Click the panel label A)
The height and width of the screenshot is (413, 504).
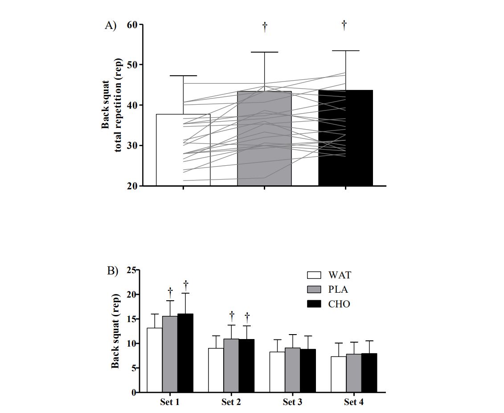(x=110, y=25)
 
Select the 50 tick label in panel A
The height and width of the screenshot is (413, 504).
(x=132, y=65)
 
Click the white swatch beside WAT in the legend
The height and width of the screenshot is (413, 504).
(x=314, y=275)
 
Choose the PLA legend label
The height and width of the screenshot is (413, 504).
(x=339, y=290)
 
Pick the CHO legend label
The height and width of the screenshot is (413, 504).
(x=339, y=304)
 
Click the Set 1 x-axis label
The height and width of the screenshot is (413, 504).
(x=170, y=403)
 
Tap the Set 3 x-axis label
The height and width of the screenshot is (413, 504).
(x=292, y=403)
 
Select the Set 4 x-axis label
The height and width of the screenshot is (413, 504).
(x=354, y=403)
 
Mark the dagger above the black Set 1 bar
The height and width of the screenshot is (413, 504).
(x=185, y=283)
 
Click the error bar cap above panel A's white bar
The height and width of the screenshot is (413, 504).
(x=183, y=76)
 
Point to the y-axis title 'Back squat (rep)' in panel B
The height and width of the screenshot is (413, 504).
(x=115, y=331)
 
